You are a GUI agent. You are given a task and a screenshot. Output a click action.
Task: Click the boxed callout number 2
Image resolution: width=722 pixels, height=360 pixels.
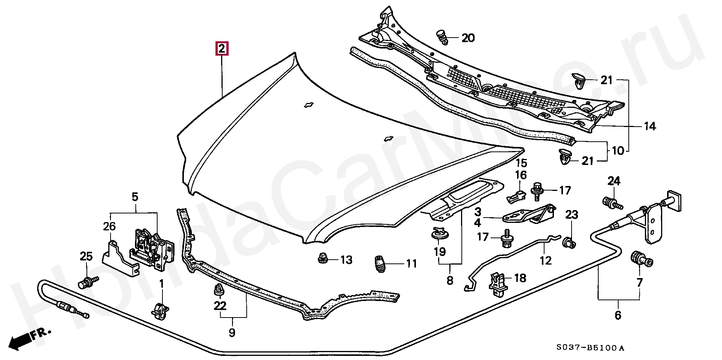pos(221,49)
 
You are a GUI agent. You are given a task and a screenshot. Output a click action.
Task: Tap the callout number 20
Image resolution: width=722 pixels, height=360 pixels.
pos(468,38)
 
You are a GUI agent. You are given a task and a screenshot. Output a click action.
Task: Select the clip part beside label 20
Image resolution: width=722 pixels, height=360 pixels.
pos(443,38)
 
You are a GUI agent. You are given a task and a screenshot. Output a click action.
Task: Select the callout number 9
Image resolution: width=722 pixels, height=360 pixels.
pos(232,332)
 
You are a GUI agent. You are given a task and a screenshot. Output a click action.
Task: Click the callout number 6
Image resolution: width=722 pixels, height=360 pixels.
pos(618,315)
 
